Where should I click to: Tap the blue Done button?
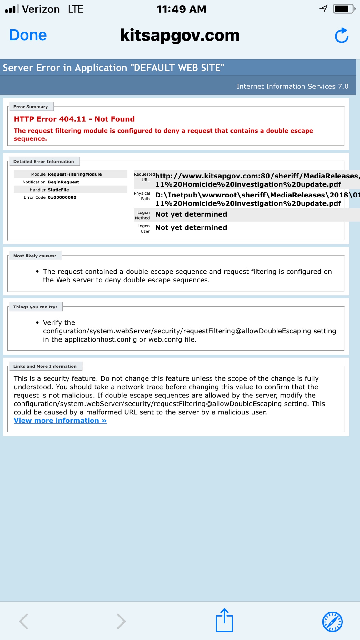click(x=28, y=35)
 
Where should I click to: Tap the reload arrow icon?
click(x=342, y=36)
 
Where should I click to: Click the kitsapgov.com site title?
click(x=180, y=35)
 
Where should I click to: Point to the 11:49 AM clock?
click(x=181, y=9)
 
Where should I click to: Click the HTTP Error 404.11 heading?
click(x=74, y=119)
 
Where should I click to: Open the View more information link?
click(x=60, y=421)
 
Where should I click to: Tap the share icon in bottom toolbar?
click(x=224, y=620)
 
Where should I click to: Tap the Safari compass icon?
click(x=332, y=622)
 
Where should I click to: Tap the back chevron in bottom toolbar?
click(x=24, y=621)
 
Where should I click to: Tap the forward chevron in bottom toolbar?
click(x=121, y=621)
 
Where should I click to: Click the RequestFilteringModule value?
click(x=75, y=174)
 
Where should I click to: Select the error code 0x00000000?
click(x=62, y=197)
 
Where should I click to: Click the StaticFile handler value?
click(x=58, y=190)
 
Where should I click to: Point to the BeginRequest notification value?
click(x=63, y=182)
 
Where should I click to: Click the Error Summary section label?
click(x=31, y=107)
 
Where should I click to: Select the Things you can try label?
click(x=35, y=307)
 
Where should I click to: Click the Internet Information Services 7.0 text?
click(x=292, y=86)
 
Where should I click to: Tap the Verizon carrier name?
click(x=41, y=9)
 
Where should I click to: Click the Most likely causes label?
click(x=35, y=256)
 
